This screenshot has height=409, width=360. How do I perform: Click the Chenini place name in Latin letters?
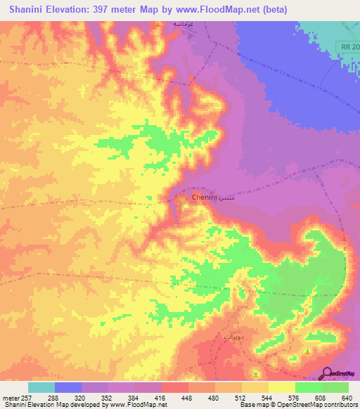click(205, 198)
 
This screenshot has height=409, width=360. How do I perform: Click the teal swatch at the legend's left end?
click(41, 387)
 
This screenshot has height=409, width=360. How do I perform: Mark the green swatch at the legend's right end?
click(335, 387)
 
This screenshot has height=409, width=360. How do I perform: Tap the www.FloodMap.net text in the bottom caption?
click(133, 405)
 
